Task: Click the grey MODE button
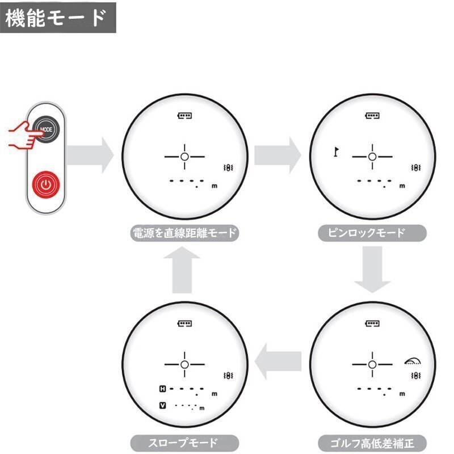tap(47, 129)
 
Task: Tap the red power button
tap(46, 185)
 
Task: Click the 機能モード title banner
tap(58, 18)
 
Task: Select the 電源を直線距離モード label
tap(184, 233)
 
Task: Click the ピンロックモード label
tap(372, 233)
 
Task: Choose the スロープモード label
tap(184, 443)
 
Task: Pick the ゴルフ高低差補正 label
tap(372, 443)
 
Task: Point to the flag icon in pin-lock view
tap(336, 152)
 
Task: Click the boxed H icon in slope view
tap(163, 389)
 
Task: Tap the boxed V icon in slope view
tap(163, 405)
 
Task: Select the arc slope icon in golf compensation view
tap(413, 361)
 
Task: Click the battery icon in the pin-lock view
tap(372, 116)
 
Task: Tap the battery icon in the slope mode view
tap(185, 323)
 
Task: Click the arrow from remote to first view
tap(90, 155)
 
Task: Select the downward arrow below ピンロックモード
tap(372, 270)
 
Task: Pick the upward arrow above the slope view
tap(182, 270)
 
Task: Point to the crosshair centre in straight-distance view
tap(185, 157)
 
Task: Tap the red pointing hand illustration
tap(24, 136)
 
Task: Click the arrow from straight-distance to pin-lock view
tap(278, 155)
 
